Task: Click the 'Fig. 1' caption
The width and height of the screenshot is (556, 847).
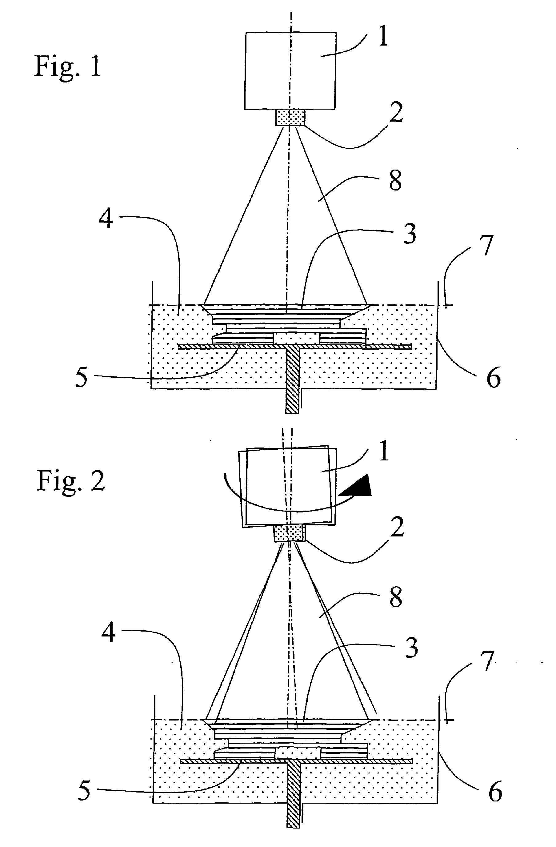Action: [x=68, y=67]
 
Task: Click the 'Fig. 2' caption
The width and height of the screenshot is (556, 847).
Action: [x=70, y=481]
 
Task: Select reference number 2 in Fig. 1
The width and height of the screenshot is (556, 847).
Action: [x=396, y=112]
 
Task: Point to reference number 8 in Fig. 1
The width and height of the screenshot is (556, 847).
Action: [x=395, y=180]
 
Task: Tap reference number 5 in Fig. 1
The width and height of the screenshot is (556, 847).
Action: [x=82, y=378]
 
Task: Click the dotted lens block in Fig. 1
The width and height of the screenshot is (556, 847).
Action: [x=290, y=118]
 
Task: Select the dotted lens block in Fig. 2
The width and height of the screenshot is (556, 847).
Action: [x=289, y=533]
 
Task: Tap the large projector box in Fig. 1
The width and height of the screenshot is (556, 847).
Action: [x=290, y=70]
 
